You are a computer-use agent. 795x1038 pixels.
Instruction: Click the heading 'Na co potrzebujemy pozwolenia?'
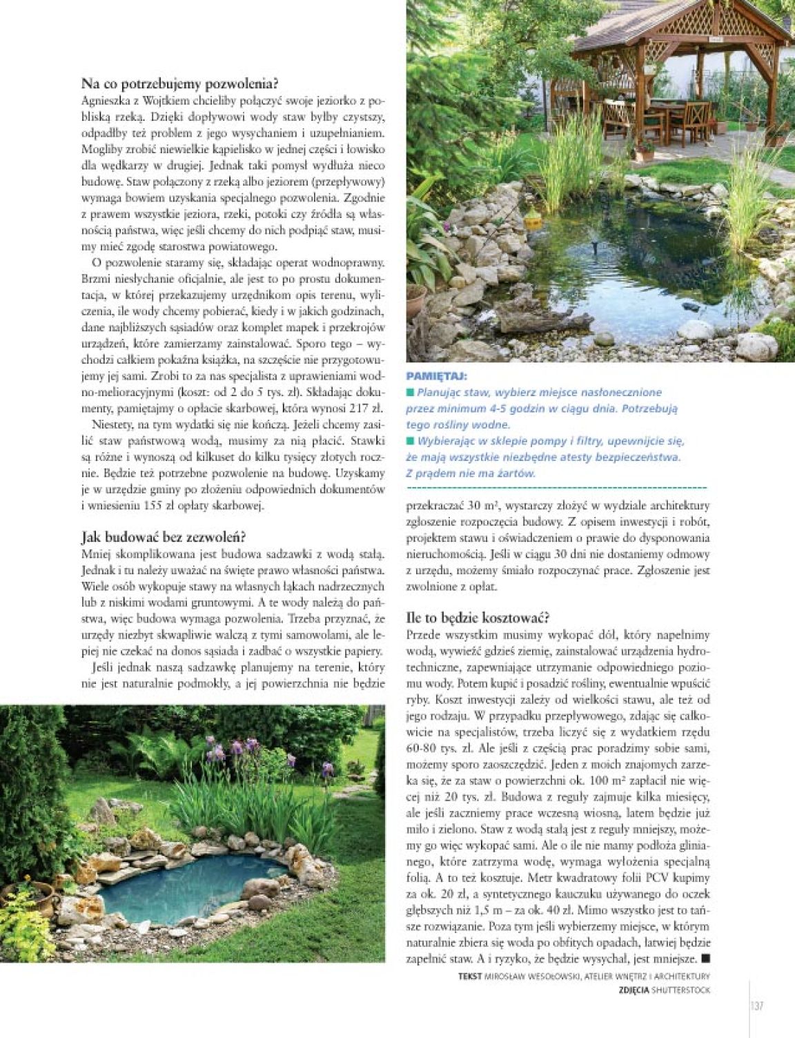tap(179, 84)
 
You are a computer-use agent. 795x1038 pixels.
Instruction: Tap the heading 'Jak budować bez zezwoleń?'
tap(164, 537)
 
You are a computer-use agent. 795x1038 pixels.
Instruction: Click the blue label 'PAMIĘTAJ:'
tap(437, 377)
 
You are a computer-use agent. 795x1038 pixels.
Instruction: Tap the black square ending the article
tap(705, 959)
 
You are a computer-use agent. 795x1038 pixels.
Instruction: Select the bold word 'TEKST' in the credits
tap(470, 977)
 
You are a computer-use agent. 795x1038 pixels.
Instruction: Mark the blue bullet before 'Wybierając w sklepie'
tap(410, 441)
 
